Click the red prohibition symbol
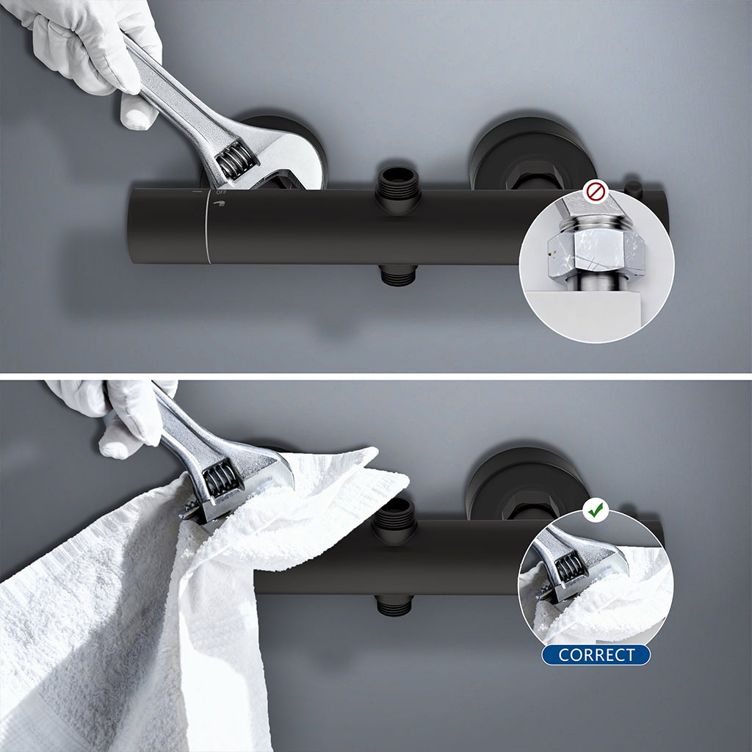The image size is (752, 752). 596,192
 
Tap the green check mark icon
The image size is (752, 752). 596,510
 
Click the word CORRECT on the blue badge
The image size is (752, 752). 596,654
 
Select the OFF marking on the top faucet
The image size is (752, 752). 220,192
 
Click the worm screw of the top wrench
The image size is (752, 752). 236,161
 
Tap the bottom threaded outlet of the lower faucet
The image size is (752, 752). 394,605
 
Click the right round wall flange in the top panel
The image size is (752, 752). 532,153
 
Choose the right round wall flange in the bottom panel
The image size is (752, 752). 527,485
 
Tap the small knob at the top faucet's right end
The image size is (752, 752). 634,188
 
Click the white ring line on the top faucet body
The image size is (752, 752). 207,226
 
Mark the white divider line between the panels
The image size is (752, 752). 376,377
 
